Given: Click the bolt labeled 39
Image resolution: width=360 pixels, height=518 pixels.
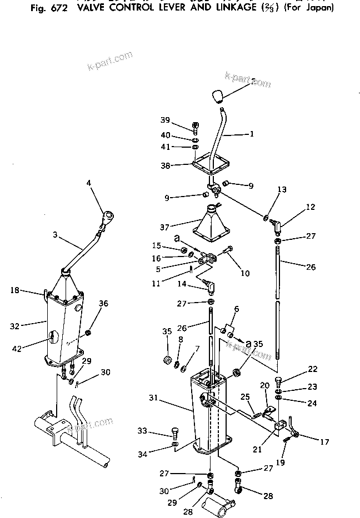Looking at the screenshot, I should (x=196, y=127).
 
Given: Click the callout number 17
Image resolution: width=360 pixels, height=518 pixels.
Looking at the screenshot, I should (x=324, y=442).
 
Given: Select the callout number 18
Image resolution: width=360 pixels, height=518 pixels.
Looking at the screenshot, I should (x=16, y=290).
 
